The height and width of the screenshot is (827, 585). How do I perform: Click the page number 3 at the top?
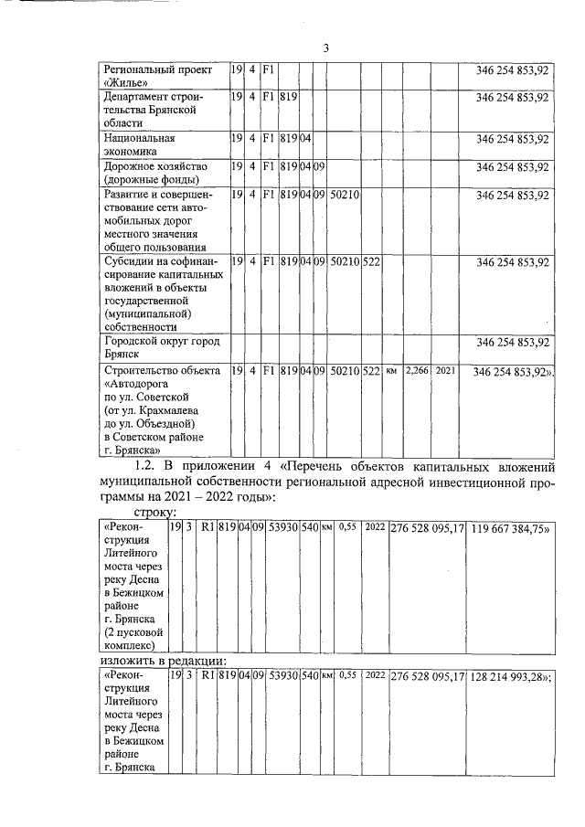[x=324, y=48]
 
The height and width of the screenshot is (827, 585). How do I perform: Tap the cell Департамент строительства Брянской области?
[x=155, y=109]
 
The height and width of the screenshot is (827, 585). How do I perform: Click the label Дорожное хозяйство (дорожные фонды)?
[x=155, y=174]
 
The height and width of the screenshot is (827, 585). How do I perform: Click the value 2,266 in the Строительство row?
[x=416, y=371]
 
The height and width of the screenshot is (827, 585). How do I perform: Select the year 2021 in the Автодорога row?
[x=444, y=371]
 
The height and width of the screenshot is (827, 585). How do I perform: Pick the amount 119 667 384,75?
[x=510, y=528]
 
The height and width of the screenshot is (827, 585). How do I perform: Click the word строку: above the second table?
[x=156, y=513]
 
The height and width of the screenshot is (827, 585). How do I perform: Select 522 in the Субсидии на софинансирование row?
[x=371, y=262]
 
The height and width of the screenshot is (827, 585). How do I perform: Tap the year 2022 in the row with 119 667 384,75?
[x=375, y=528]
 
